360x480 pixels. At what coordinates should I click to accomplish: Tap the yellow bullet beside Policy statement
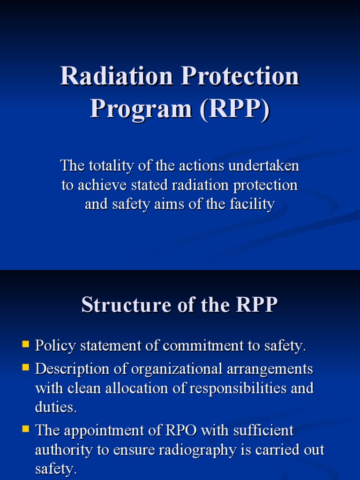[26, 345]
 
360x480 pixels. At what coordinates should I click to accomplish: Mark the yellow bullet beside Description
[26, 367]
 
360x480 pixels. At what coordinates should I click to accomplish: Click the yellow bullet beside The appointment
[26, 428]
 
